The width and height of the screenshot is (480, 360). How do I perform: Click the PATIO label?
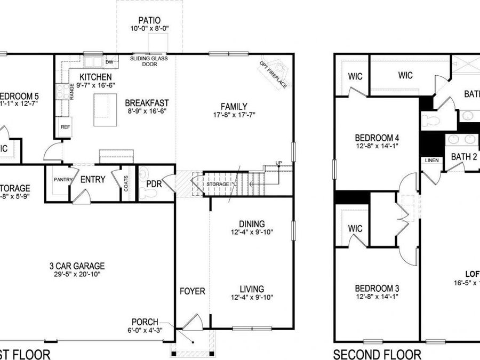click(x=149, y=21)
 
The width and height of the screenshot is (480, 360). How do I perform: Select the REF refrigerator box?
click(x=65, y=127)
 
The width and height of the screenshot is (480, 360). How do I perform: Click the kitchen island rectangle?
click(x=105, y=109)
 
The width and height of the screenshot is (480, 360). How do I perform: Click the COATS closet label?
click(x=126, y=185)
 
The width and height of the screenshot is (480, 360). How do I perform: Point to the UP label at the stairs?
click(x=278, y=163)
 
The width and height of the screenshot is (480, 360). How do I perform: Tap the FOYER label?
click(x=192, y=291)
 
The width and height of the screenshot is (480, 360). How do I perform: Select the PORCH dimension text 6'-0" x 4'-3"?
click(x=146, y=330)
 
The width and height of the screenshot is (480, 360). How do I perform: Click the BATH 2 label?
click(x=463, y=157)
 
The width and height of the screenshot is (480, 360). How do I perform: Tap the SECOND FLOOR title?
click(x=377, y=354)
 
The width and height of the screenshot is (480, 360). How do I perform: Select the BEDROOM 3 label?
click(x=377, y=289)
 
